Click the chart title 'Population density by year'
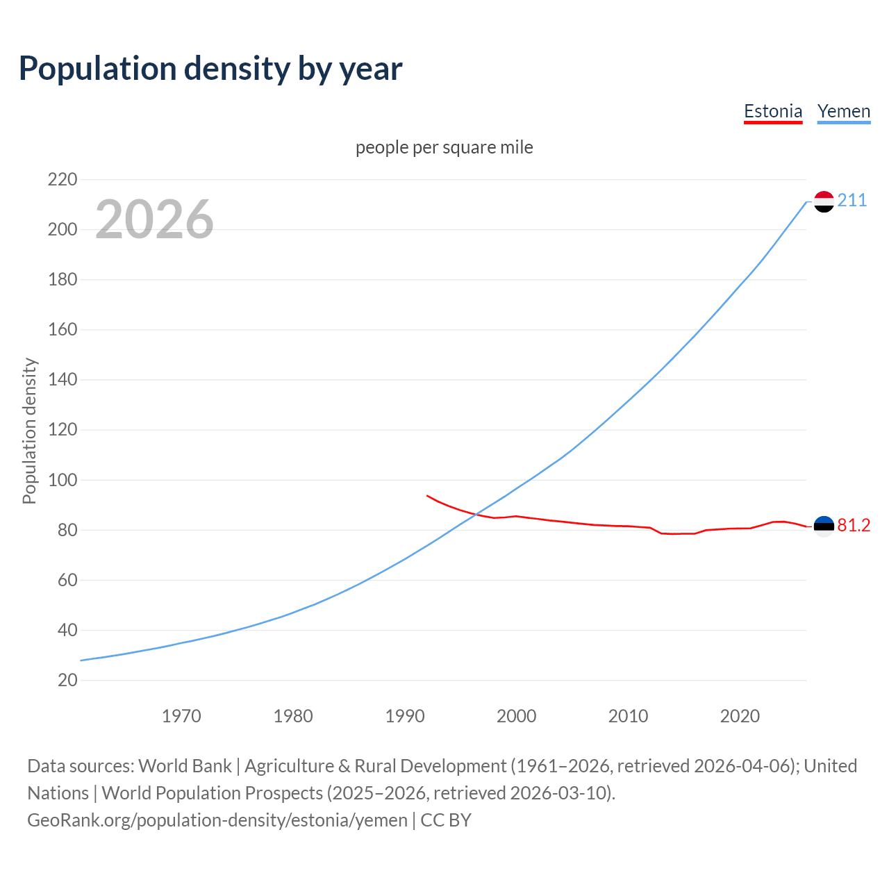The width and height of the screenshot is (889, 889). click(210, 69)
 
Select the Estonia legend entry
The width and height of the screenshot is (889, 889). click(772, 111)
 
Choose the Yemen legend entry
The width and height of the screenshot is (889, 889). click(843, 111)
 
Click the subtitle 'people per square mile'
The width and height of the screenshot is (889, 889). click(444, 147)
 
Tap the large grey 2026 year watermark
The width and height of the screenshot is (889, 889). click(154, 219)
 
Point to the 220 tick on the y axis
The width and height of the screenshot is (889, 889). click(63, 180)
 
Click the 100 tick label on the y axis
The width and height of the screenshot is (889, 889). click(63, 480)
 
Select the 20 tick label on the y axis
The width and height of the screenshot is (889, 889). click(67, 680)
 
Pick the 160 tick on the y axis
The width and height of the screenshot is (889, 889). click(63, 330)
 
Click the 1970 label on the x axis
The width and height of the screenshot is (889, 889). click(181, 716)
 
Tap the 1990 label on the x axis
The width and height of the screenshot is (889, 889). click(405, 716)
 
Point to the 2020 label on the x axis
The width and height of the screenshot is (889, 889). click(740, 716)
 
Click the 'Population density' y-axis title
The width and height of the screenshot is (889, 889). click(29, 431)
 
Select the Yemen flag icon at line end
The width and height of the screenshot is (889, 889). click(823, 201)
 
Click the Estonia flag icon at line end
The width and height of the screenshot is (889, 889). click(823, 526)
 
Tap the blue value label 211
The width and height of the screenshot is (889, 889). click(852, 201)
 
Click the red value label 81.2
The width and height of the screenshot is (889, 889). click(854, 526)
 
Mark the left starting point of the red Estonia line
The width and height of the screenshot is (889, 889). click(427, 496)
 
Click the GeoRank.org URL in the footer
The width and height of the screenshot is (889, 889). click(217, 820)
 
